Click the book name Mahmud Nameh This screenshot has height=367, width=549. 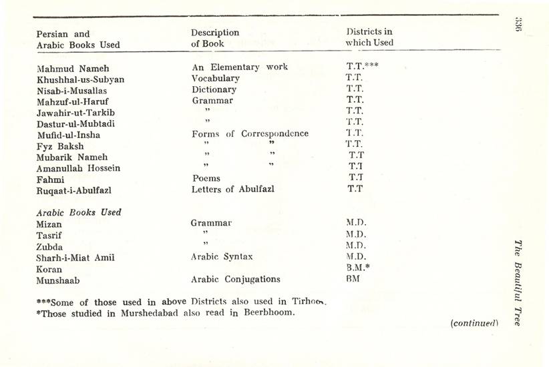(x=73, y=68)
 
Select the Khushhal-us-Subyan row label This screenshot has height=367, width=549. (x=80, y=79)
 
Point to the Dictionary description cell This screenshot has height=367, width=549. (x=214, y=89)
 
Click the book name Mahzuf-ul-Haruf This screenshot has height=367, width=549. (x=73, y=101)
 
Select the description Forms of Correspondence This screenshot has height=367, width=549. (x=250, y=133)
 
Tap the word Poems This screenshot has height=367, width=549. (x=206, y=178)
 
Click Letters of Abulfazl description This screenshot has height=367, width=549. (x=232, y=189)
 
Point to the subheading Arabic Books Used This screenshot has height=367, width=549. (x=79, y=212)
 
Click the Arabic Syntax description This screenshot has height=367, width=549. (x=222, y=256)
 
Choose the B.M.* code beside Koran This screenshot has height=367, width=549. (x=357, y=268)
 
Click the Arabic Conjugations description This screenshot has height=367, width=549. (x=235, y=279)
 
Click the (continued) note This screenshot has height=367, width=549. (x=475, y=323)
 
